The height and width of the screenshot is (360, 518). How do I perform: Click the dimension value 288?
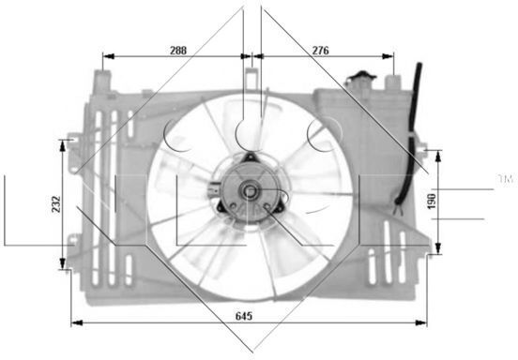[x=178, y=50]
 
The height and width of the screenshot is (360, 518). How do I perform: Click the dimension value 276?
[x=320, y=50]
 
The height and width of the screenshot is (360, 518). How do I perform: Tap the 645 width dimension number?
[x=244, y=316]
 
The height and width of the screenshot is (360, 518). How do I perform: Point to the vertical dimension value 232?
[x=56, y=204]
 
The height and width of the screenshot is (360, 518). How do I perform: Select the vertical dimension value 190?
[x=432, y=202]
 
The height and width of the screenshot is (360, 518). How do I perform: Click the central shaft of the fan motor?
[x=250, y=190]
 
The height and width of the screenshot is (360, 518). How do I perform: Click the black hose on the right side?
[x=411, y=132]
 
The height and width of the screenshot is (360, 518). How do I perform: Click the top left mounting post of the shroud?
[x=102, y=82]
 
